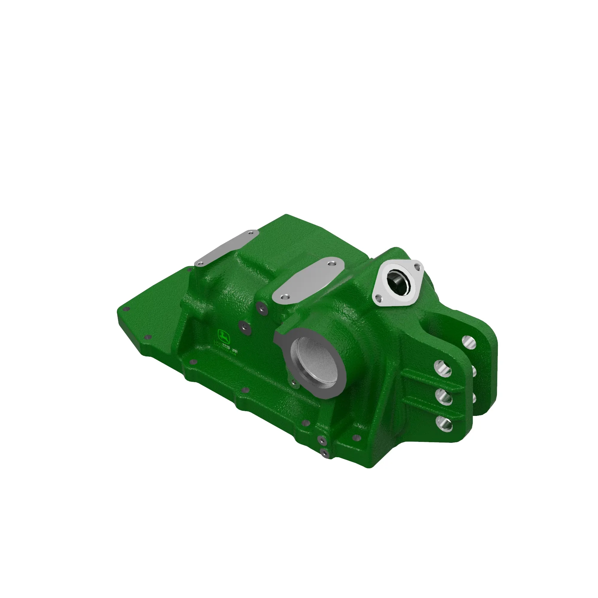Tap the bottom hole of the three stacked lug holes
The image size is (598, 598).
[x=444, y=423]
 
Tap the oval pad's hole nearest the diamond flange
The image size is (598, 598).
[x=332, y=264]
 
